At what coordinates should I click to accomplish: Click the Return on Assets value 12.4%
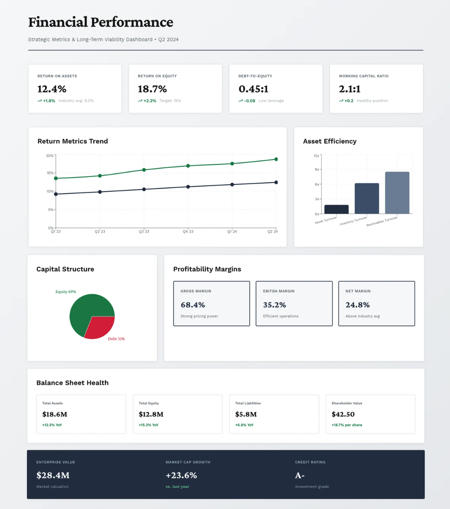pos(52,89)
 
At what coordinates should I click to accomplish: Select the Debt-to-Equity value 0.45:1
pos(253,89)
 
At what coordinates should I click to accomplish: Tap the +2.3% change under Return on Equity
pos(150,101)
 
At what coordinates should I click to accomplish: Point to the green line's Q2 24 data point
pos(276,159)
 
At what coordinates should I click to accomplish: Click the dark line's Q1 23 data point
pos(56,194)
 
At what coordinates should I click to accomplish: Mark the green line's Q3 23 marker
pos(144,170)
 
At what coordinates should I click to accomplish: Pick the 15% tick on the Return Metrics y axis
pos(50,173)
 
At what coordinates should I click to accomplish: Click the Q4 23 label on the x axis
pos(188,231)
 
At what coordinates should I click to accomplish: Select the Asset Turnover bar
pos(336,209)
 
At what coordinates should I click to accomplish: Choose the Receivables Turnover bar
pos(397,193)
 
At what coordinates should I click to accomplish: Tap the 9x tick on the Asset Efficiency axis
pos(317,169)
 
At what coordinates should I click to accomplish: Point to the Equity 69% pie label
pos(66,292)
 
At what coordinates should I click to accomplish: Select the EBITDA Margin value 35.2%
pos(274,305)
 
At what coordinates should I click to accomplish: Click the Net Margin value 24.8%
pos(357,305)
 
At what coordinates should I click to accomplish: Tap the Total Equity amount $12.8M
pos(151,414)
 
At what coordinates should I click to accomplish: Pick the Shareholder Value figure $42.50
pos(343,414)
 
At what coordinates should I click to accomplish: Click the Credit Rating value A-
pos(299,476)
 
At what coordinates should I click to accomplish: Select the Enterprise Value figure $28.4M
pos(53,476)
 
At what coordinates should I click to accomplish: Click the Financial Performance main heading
pos(101,22)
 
